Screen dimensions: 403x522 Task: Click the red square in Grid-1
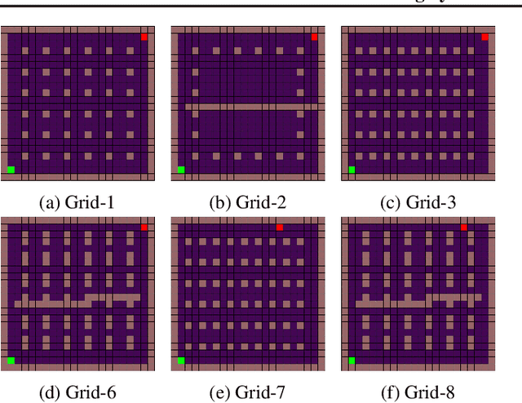144,37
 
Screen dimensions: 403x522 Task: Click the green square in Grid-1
11,170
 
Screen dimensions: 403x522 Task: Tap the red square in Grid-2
314,37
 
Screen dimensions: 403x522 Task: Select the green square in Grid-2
181,170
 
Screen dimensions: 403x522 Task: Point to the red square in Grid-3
484,37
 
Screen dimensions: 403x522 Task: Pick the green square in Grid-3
352,170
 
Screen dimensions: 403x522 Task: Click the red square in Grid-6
144,228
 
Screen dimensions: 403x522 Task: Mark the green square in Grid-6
11,360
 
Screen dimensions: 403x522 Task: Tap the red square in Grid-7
280,228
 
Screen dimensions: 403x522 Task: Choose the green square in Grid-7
181,360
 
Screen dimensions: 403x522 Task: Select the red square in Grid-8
464,228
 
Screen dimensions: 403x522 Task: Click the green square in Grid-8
352,360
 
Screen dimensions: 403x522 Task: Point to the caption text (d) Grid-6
77,392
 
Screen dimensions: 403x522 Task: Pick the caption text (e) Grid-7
248,392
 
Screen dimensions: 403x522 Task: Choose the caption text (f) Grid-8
418,392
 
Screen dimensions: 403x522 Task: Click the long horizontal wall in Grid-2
249,106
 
